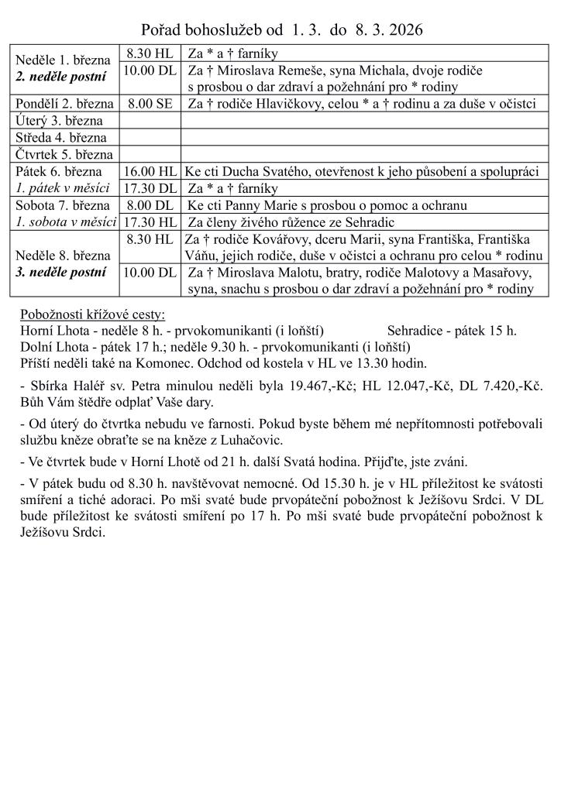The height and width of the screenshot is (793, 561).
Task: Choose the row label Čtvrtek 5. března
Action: pos(64,154)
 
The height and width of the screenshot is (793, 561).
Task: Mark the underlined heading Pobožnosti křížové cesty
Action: pos(93,314)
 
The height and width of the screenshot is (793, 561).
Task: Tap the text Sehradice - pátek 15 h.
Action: pos(452,330)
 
